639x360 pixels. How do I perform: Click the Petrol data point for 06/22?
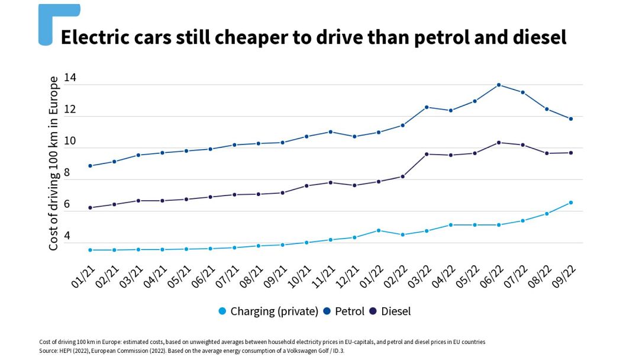499,85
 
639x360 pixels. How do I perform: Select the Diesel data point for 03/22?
427,154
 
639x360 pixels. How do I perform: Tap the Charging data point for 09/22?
570,202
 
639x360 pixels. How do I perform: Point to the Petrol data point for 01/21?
90,166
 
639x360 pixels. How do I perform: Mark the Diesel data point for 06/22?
499,142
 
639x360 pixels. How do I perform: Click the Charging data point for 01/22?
379,230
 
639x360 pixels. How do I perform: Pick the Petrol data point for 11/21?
330,131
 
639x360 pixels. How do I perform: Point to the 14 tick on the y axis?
70,78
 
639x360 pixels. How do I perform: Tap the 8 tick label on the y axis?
67,173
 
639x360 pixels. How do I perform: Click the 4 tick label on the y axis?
67,236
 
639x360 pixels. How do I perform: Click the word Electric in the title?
98,37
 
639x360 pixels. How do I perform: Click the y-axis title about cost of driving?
53,163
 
